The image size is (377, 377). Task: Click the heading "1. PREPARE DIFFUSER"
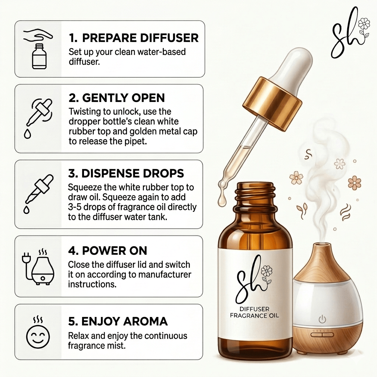pyautogui.click(x=133, y=38)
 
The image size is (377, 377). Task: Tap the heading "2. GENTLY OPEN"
pyautogui.click(x=117, y=98)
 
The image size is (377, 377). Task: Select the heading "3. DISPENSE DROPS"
pyautogui.click(x=126, y=173)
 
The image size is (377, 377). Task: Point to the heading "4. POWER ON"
pyautogui.click(x=108, y=251)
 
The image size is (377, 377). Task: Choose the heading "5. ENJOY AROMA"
pyautogui.click(x=118, y=321)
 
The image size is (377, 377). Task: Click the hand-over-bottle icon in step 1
pyautogui.click(x=38, y=49)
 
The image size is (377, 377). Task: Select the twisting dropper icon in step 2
pyautogui.click(x=38, y=118)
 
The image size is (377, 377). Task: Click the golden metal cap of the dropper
pyautogui.click(x=272, y=104)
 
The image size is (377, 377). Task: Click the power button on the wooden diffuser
pyautogui.click(x=322, y=319)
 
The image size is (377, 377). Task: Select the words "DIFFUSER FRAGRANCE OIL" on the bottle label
pyautogui.click(x=254, y=312)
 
